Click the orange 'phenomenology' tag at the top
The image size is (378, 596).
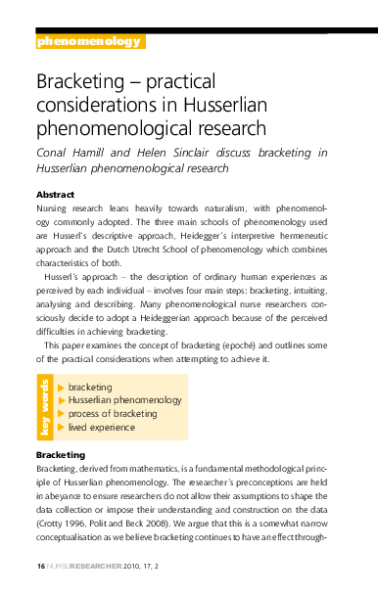89,42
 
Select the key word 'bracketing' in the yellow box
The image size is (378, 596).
90,388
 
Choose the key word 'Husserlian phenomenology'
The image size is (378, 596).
124,400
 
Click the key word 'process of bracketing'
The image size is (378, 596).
113,414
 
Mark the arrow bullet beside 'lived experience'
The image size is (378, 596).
62,427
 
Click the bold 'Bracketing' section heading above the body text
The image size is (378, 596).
61,456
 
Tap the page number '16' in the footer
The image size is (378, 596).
40,567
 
